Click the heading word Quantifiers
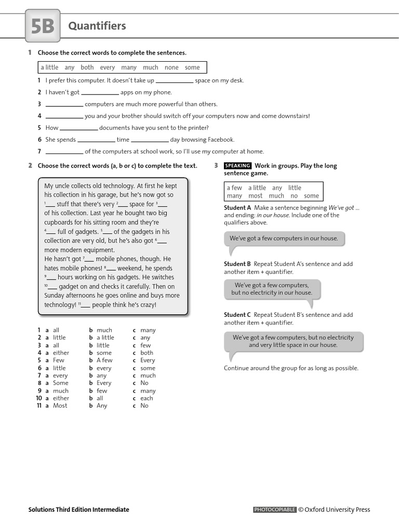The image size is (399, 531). [97, 26]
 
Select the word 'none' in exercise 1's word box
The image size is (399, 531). [171, 67]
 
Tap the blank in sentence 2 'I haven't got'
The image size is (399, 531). [100, 93]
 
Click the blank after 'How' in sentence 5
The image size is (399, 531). [79, 128]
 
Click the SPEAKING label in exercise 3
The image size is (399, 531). [237, 166]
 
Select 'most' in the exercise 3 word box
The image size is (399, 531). [255, 196]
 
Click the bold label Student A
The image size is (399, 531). [237, 207]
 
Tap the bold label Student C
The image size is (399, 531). [237, 315]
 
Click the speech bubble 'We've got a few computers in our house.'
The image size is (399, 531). [284, 239]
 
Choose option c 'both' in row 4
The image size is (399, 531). [147, 353]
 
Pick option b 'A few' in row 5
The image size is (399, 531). [104, 360]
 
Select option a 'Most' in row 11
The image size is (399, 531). [60, 406]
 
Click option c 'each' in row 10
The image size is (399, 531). [147, 398]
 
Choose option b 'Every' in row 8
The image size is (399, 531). [104, 383]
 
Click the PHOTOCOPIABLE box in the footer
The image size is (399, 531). [274, 510]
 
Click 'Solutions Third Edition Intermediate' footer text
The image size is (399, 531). [78, 510]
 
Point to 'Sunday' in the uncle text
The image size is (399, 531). [55, 296]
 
